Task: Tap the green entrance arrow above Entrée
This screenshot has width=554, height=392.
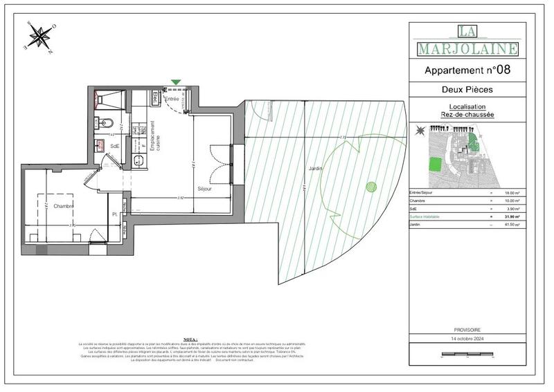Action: [176, 82]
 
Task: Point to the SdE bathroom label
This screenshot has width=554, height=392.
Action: [115, 146]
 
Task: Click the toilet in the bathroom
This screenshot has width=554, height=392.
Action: [104, 123]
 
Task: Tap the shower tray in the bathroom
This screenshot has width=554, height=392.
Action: [109, 97]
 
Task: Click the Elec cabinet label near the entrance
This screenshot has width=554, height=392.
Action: [156, 97]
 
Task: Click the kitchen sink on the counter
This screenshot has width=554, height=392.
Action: [138, 160]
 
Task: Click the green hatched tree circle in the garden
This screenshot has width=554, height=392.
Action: [370, 185]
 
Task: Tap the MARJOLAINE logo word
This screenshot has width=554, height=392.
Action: [467, 48]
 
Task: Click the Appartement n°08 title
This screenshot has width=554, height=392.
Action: [467, 70]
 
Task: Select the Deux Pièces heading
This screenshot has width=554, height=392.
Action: [467, 90]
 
